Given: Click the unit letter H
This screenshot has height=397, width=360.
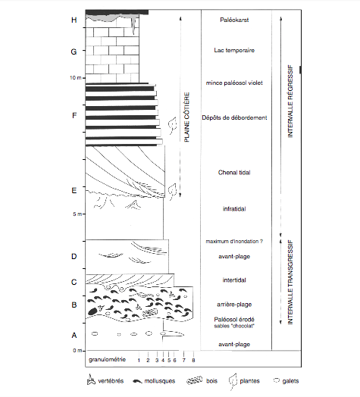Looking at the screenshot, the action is point(74,20).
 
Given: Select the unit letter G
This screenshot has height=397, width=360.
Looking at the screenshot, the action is point(74,52).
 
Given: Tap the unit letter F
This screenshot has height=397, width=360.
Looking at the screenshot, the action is point(74,116).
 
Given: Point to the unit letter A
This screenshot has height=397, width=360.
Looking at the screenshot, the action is point(74,335).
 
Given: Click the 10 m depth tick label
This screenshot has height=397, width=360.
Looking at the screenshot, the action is point(76,78).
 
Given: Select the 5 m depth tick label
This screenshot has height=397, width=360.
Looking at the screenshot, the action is point(77,214).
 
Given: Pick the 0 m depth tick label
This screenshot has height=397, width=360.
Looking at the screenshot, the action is point(77,351).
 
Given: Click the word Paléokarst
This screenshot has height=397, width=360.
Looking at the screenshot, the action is point(234,20).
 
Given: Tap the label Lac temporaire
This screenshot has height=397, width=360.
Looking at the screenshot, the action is point(234,50).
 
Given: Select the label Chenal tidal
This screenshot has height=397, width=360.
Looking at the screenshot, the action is point(234,173).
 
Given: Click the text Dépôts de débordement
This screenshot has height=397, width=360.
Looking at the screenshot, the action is point(234,117).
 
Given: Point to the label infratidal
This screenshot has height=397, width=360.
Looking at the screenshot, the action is point(234,209).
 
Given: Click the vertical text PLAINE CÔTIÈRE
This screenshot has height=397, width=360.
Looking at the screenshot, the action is point(186,117).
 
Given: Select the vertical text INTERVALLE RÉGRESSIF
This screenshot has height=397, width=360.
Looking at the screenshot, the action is point(290,102).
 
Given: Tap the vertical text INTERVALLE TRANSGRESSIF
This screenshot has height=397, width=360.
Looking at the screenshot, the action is point(290,282).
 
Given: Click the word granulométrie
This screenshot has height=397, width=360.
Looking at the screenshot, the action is point(107,360).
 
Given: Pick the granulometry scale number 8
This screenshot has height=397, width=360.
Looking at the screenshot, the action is point(193,360).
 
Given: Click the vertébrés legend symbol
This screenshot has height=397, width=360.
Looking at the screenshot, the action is point(91,380).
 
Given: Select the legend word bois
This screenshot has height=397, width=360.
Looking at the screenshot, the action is point(211,381).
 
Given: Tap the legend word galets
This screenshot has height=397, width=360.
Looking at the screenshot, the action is point(290,381).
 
